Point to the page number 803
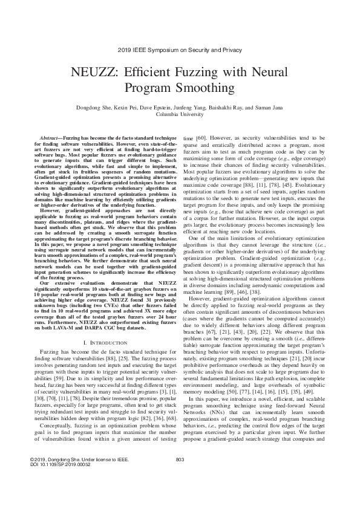pyautogui.click(x=180, y=477)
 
